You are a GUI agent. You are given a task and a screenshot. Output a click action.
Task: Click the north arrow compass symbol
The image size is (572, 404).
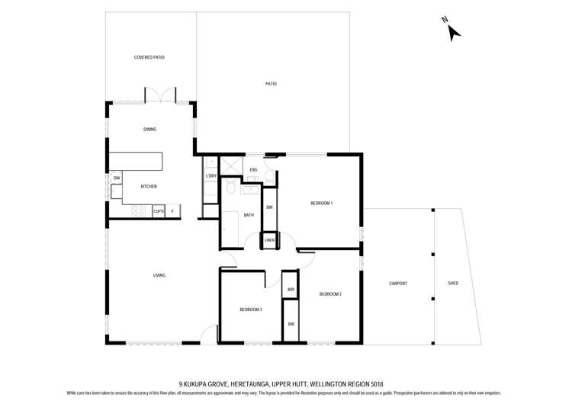coord(452,30)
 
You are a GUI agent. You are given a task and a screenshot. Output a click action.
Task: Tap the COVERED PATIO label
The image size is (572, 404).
coord(149,57)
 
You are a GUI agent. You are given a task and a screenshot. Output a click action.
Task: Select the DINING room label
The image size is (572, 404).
coord(149,130)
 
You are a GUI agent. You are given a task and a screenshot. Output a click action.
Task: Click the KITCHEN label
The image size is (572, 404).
coord(149,186)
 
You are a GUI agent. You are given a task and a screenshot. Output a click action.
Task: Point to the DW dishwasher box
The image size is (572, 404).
coord(117,178)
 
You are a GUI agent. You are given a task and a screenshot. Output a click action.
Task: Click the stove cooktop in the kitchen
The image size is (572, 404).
coord(139,211)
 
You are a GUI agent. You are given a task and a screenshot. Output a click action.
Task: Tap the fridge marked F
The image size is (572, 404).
coord(173,211)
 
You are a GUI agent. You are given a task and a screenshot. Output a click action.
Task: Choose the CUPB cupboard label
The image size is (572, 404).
coord(159,211)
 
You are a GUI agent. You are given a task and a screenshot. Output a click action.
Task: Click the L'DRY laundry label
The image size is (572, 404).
coord(211,176)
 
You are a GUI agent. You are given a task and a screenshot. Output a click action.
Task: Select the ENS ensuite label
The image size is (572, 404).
coord(253,170)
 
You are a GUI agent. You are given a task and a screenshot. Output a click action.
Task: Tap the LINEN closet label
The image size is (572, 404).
coord(269,240)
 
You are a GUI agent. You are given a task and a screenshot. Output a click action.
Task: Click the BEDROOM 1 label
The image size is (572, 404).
coord(321,203)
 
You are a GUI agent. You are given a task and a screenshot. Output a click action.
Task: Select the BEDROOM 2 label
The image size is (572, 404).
coord(330,293)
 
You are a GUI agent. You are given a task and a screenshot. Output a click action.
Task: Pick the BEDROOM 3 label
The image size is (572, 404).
coord(251,309)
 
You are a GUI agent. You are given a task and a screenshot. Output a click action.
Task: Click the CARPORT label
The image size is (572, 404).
coord(398,284)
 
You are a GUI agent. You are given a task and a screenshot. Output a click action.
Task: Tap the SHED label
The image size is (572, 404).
coord(453,284)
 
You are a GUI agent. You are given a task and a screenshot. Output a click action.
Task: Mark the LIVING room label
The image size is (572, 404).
coord(159,275)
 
